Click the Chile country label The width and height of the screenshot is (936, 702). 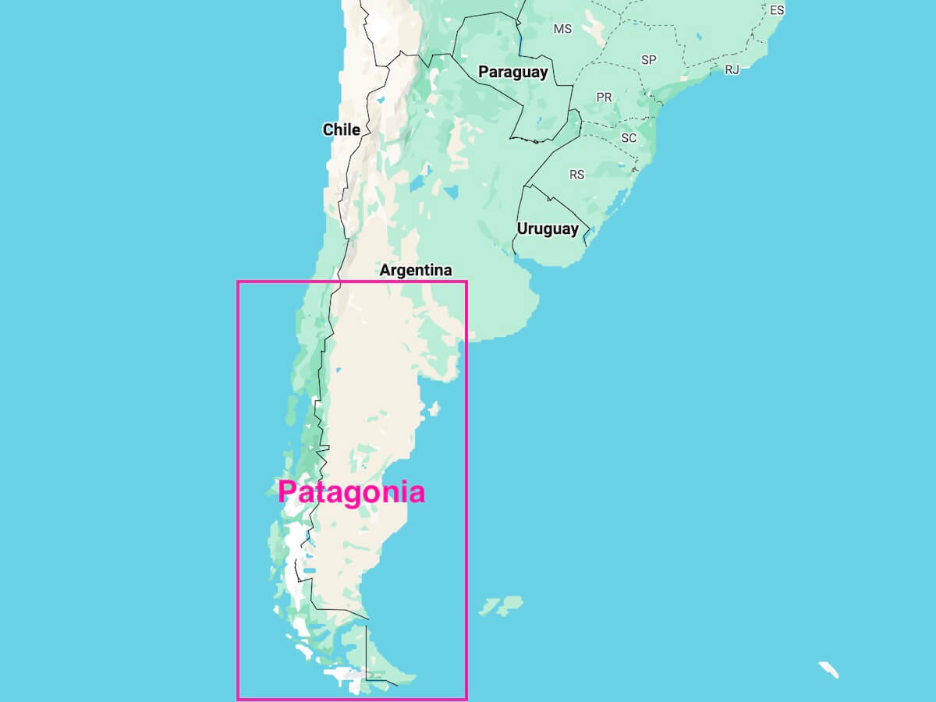342,129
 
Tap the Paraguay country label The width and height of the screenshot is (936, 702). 512,72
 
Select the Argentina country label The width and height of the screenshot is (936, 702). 415,271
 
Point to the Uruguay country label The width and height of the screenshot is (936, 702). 548,229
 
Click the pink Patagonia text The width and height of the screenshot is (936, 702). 351,492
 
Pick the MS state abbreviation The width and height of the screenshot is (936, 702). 562,29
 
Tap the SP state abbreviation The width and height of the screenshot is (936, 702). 648,60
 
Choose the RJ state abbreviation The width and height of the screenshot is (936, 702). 732,69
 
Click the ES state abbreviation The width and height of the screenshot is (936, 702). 777,10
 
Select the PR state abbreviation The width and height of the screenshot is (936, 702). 604,97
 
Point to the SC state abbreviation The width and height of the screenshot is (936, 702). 629,138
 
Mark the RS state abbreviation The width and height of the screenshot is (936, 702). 576,175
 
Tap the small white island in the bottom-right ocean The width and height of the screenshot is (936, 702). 828,669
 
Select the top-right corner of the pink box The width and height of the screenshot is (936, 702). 466,282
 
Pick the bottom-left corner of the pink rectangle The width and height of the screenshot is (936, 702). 238,698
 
